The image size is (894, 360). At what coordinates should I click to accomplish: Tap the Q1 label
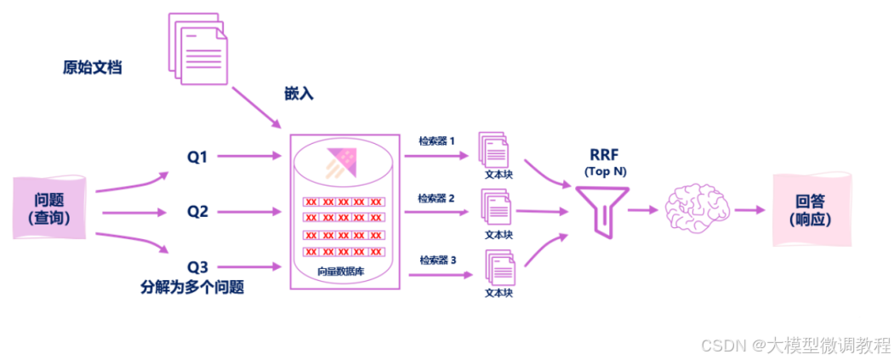coord(198,157)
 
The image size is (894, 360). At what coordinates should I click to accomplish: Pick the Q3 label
coord(198,263)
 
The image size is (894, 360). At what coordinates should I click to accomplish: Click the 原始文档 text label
coord(92,67)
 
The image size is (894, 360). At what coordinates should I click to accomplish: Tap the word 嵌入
coord(299,94)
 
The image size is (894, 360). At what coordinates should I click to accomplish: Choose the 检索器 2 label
coord(436,198)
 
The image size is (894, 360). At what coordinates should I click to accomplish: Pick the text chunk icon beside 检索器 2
coord(496,207)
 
